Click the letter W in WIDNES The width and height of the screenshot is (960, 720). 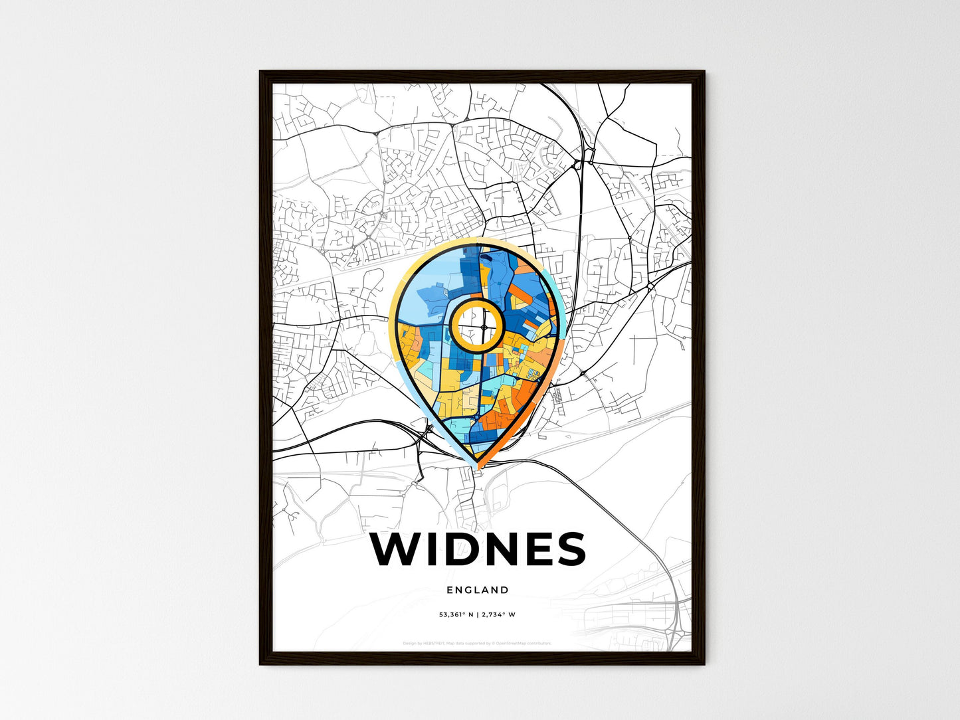[397, 549]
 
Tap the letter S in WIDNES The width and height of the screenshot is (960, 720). [569, 549]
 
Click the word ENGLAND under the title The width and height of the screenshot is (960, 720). [478, 590]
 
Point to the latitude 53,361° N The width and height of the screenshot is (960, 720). [456, 614]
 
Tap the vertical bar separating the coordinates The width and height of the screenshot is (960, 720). [477, 614]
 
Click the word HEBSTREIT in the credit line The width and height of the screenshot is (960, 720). [434, 643]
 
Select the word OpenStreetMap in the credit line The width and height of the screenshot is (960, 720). [511, 643]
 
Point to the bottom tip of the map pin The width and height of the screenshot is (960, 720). [478, 464]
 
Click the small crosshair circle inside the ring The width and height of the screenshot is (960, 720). [485, 326]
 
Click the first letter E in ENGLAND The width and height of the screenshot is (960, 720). [450, 590]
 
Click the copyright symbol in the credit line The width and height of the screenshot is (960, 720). [492, 643]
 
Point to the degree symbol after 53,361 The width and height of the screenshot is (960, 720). [462, 612]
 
